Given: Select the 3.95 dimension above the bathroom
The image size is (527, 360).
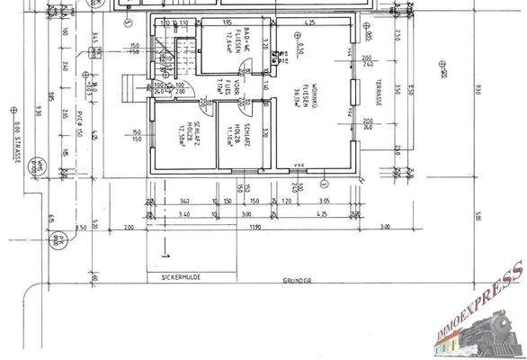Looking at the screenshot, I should click(227, 22).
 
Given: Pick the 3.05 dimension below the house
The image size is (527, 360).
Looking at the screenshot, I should click(325, 201).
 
